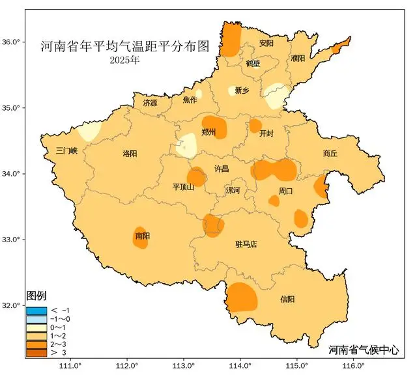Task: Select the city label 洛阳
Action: pyautogui.click(x=130, y=154)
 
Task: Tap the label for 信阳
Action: pyautogui.click(x=287, y=299)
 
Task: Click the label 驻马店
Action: pyautogui.click(x=246, y=244)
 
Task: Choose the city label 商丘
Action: pyautogui.click(x=330, y=154)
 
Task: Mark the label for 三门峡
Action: pyautogui.click(x=66, y=150)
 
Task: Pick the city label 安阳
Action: pyautogui.click(x=266, y=44)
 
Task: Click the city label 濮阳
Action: pyautogui.click(x=298, y=59)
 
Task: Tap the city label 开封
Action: pyautogui.click(x=266, y=133)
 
